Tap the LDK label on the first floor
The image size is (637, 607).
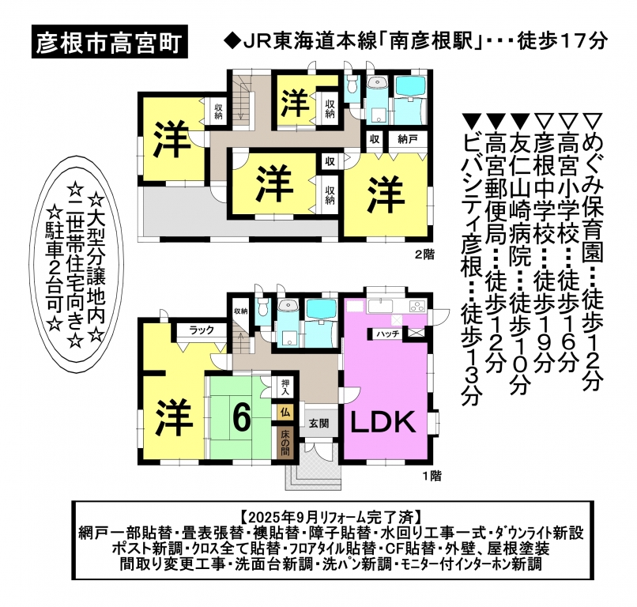383,423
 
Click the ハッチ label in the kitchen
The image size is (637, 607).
387,334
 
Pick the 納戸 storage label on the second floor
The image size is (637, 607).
407,139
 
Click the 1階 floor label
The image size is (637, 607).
431,475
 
